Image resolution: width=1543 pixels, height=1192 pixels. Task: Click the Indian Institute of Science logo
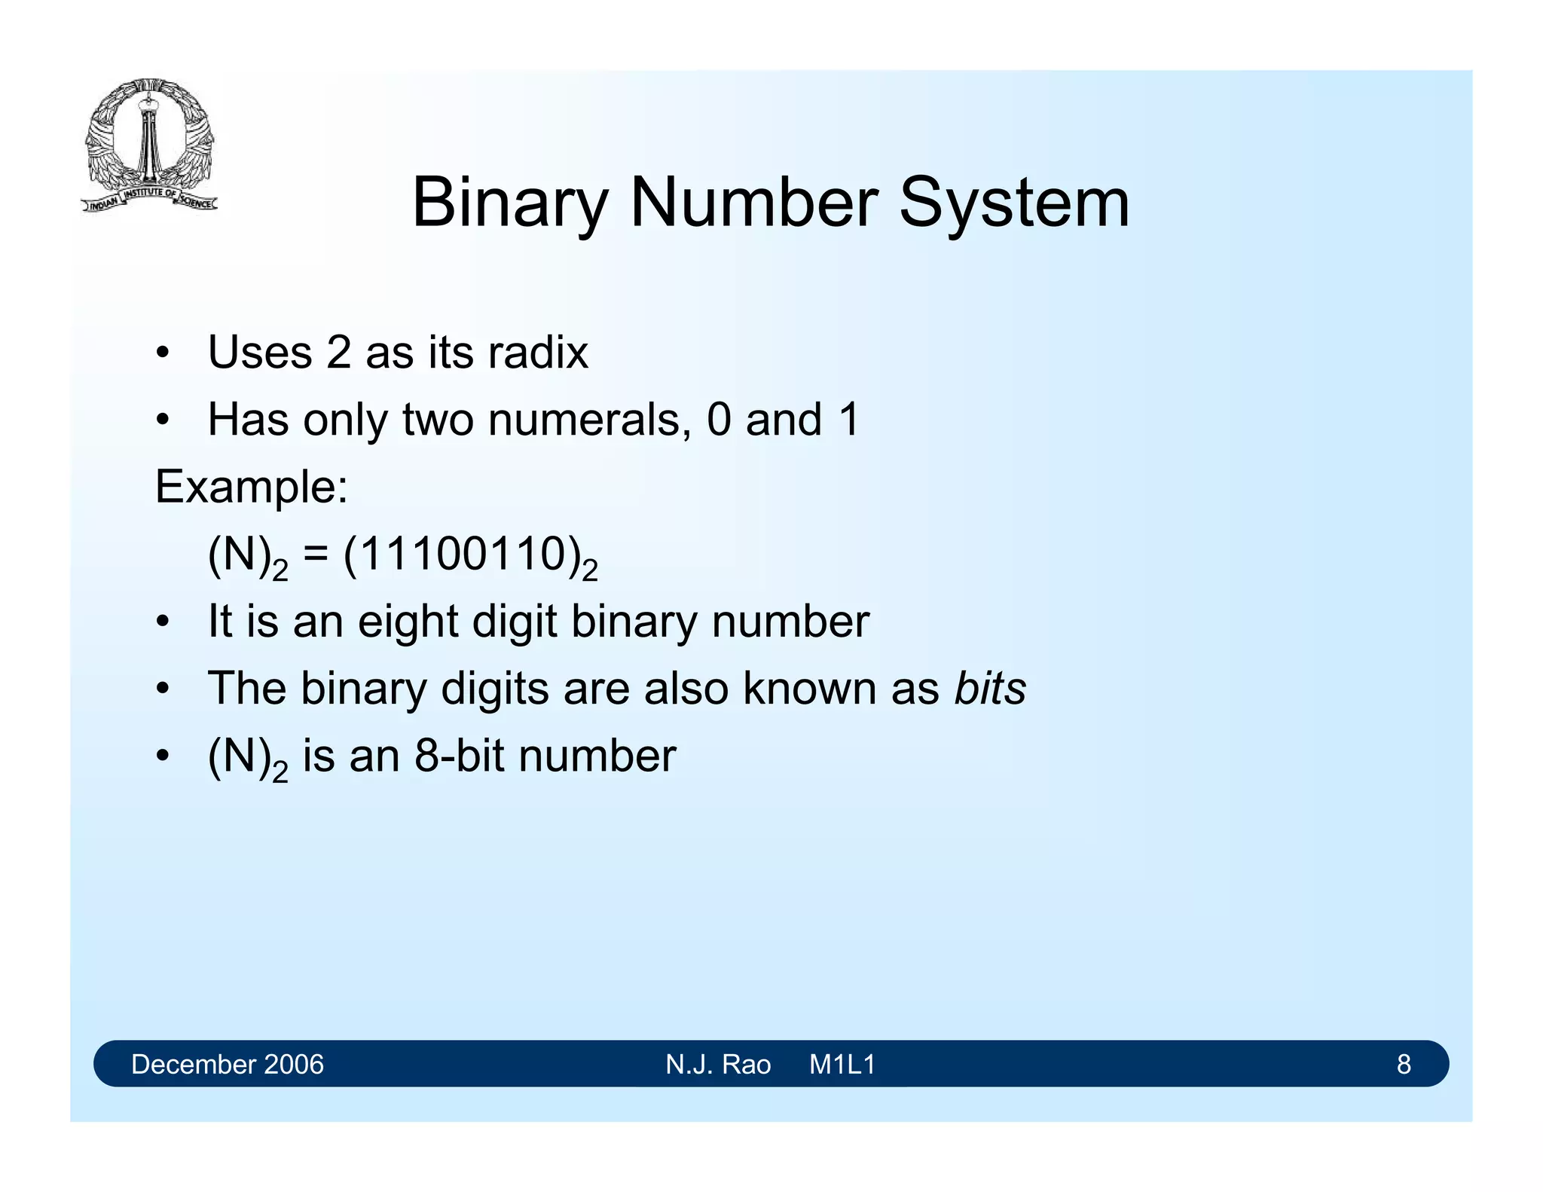(x=149, y=145)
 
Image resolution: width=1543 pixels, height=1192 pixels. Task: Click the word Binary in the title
(x=509, y=203)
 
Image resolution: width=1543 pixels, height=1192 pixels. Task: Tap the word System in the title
(x=1014, y=203)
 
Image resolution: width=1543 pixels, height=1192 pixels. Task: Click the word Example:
(x=252, y=487)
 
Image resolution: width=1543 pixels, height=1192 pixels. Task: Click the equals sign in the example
(x=316, y=556)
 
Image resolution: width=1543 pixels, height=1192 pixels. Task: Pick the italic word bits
(x=990, y=689)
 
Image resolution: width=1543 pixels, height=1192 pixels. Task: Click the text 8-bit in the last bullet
(x=460, y=756)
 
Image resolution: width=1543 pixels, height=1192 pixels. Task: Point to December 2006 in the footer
(x=227, y=1064)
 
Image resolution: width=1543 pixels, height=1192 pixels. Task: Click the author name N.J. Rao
(x=718, y=1064)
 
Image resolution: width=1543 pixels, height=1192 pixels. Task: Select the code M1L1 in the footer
(x=842, y=1064)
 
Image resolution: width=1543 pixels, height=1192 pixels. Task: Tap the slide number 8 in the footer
(x=1404, y=1064)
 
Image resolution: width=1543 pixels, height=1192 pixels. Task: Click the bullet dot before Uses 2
(x=162, y=353)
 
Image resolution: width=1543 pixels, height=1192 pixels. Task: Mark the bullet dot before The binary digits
(x=162, y=689)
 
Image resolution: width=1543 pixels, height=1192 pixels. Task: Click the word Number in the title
(x=753, y=203)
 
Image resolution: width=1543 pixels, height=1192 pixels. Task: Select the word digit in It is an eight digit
(x=515, y=622)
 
